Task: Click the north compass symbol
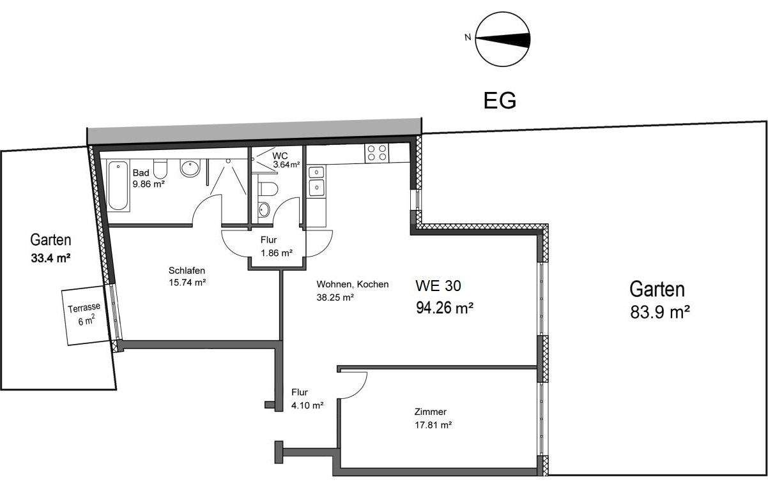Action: (x=503, y=40)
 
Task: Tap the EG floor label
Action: (x=500, y=101)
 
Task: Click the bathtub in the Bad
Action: (x=118, y=185)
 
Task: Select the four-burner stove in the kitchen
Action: (x=377, y=153)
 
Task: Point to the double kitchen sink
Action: (x=316, y=181)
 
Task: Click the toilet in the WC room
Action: (x=268, y=189)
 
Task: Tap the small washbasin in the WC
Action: (x=264, y=210)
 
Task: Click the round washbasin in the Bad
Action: (x=190, y=168)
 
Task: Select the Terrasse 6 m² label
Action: (x=84, y=314)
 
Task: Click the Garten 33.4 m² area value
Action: (x=50, y=258)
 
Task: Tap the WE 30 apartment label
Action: (x=438, y=285)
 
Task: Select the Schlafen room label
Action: (x=187, y=271)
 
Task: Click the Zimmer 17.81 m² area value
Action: (x=433, y=425)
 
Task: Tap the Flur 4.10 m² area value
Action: (x=307, y=405)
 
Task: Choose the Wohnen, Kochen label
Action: (x=353, y=284)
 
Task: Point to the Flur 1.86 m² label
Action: (x=277, y=246)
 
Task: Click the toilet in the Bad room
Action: (x=160, y=169)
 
